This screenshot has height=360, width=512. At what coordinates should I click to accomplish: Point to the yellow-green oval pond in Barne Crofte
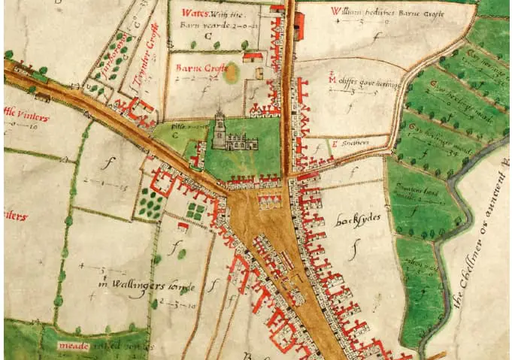231,73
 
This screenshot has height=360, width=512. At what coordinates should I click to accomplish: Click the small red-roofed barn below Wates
253,57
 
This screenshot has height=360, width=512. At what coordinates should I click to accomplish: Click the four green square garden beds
195,210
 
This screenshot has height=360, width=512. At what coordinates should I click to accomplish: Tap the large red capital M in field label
333,79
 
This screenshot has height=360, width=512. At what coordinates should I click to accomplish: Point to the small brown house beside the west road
42,96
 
